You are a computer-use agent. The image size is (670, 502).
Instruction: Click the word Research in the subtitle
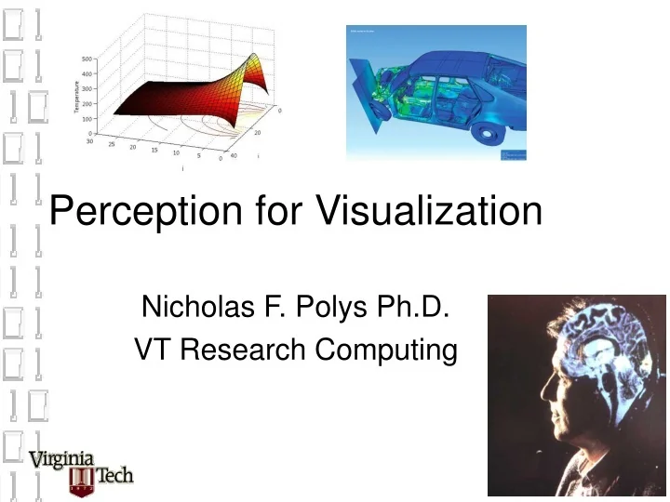243,350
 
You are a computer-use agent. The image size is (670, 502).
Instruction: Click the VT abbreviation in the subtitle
154,350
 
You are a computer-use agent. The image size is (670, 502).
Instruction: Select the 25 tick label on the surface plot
111,146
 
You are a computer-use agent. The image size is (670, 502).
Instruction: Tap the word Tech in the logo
115,476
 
